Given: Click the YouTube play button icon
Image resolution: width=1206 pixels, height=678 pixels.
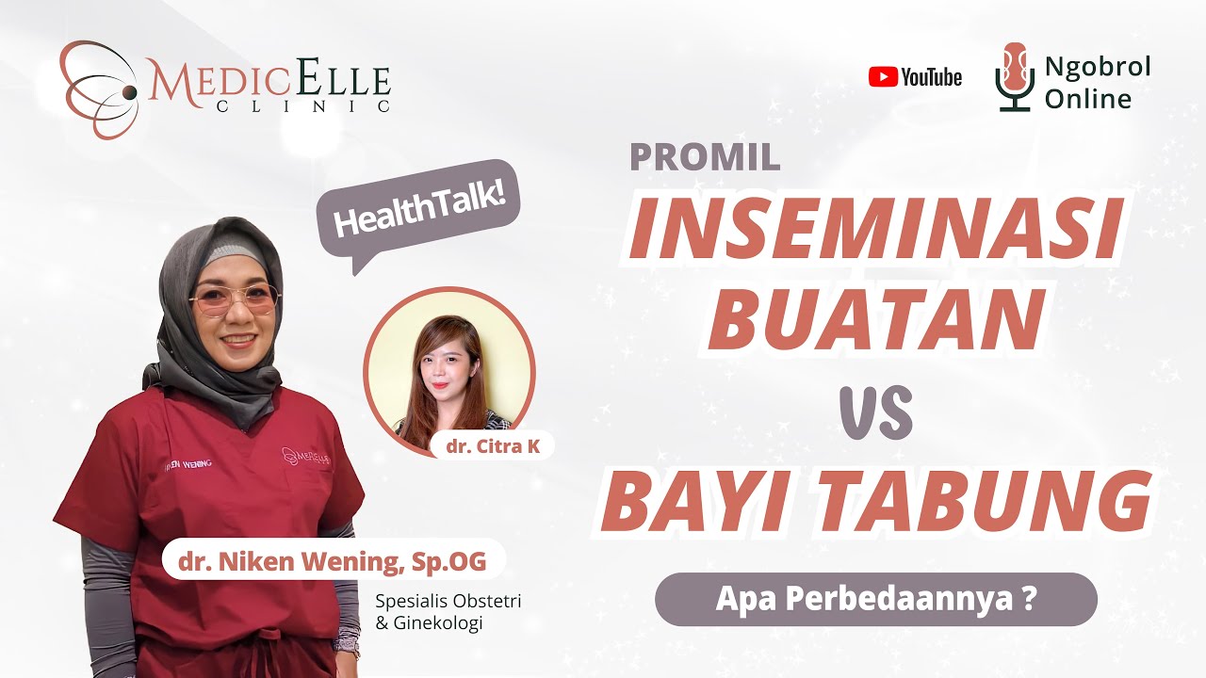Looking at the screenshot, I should [x=883, y=77].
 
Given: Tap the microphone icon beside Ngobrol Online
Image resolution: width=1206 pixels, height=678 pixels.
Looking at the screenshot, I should [x=1014, y=76].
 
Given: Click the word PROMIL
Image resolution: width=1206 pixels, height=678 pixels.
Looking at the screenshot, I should [x=705, y=157].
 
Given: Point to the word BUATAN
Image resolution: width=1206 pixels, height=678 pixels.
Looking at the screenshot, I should [x=876, y=319].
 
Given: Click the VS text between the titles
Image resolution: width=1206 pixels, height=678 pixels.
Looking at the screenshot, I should [x=875, y=413].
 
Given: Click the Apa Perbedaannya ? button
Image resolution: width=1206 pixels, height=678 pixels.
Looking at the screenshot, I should [x=875, y=600].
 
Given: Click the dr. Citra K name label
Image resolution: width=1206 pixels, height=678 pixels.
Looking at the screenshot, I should [x=493, y=445].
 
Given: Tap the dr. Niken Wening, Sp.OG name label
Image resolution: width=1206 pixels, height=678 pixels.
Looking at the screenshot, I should [x=334, y=562].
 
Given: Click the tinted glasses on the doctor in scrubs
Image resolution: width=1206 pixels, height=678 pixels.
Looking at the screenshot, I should [x=235, y=300].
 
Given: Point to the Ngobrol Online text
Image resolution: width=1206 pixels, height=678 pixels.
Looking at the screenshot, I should [x=1098, y=82].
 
